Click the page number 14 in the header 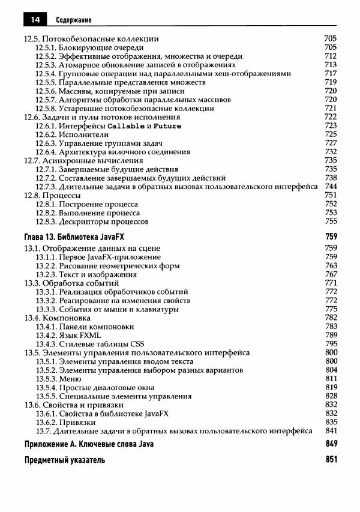pyautogui.click(x=35, y=20)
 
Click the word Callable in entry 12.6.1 pyautogui.click(x=126, y=126)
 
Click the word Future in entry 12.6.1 pyautogui.click(x=167, y=126)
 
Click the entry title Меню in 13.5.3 pyautogui.click(x=70, y=379)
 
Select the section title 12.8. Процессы pyautogui.click(x=52, y=195)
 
